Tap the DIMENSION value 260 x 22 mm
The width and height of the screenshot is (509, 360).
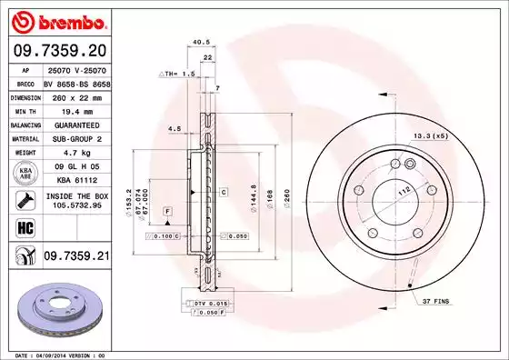pos(75,95)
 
